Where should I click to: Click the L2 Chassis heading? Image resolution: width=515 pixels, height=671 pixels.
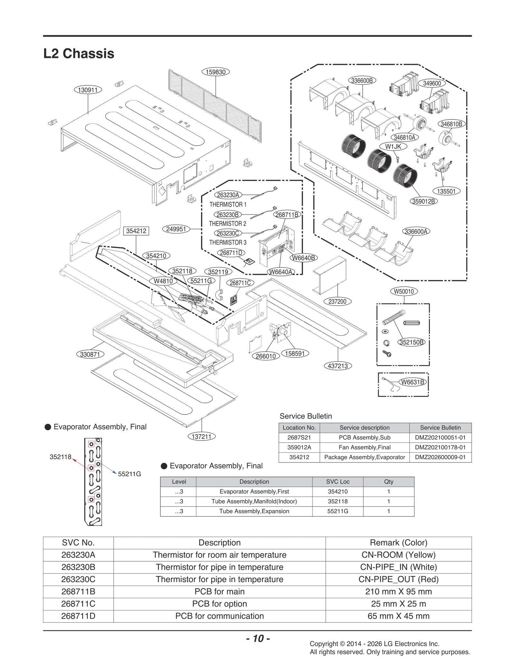click(79, 53)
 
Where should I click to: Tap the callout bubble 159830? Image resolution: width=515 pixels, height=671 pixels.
click(215, 72)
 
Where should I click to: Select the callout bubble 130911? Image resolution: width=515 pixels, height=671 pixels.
click(88, 90)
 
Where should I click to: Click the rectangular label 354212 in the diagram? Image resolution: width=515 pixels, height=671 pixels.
click(136, 231)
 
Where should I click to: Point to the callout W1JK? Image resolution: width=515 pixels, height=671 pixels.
click(393, 146)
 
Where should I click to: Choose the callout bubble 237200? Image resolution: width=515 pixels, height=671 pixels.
click(337, 301)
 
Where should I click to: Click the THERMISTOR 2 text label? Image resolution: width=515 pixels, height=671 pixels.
click(227, 223)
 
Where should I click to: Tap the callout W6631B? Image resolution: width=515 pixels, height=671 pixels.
click(412, 382)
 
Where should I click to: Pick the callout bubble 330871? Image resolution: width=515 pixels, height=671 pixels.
click(90, 354)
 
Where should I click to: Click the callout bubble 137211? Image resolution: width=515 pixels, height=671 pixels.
click(201, 437)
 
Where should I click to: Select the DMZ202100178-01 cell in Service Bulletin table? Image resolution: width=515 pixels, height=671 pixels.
click(440, 447)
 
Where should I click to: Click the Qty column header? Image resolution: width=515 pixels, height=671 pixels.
click(389, 482)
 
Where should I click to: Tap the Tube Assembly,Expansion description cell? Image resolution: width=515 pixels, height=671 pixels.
click(254, 511)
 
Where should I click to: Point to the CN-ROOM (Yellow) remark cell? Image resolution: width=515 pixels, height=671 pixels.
click(398, 555)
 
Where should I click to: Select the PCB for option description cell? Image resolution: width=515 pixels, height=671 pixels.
click(220, 604)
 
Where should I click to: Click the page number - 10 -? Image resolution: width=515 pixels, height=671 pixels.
click(258, 638)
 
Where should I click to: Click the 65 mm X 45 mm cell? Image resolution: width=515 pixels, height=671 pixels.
click(398, 616)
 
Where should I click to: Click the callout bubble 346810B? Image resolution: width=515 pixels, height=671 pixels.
click(451, 124)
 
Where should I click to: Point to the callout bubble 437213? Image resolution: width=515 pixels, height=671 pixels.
click(338, 366)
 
